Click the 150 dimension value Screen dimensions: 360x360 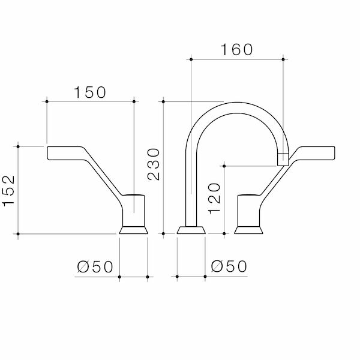click(x=90, y=92)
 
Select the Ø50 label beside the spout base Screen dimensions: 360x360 click(x=229, y=266)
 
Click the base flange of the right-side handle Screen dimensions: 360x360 click(x=249, y=229)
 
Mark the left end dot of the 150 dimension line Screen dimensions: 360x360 click(x=46, y=101)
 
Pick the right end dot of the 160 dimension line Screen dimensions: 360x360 click(x=283, y=58)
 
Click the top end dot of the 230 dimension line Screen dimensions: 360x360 click(x=163, y=101)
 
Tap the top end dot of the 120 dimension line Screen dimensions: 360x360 click(x=223, y=163)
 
